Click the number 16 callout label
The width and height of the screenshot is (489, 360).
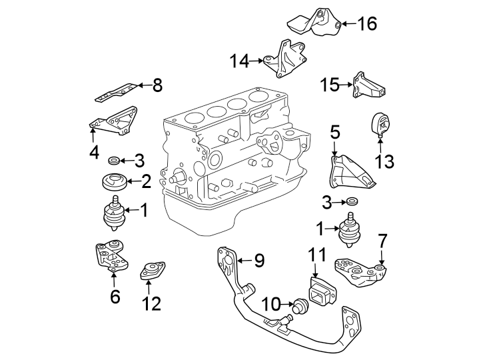(x=367, y=25)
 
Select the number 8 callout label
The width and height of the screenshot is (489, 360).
(x=157, y=85)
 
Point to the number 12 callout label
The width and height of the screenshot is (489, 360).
(x=151, y=304)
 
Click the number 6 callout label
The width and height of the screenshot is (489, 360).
(x=115, y=297)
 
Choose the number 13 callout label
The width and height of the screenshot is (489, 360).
(x=384, y=161)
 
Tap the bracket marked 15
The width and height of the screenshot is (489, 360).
(x=368, y=86)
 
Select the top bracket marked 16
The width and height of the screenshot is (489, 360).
(x=315, y=23)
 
